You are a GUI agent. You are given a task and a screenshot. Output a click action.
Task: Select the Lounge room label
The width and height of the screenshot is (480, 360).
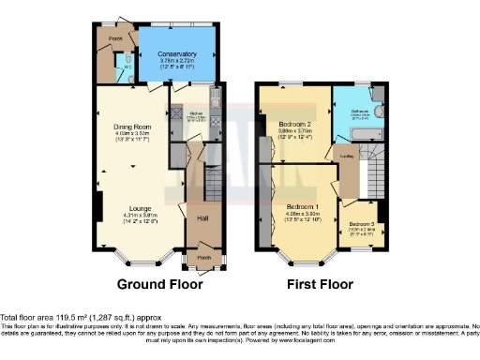click(140, 208)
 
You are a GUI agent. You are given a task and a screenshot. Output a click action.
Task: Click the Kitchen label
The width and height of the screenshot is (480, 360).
click(196, 112)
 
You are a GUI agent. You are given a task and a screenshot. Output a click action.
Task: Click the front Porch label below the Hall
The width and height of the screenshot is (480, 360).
click(201, 254)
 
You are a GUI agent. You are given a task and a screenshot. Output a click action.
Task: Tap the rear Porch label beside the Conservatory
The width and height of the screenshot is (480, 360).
click(114, 37)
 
